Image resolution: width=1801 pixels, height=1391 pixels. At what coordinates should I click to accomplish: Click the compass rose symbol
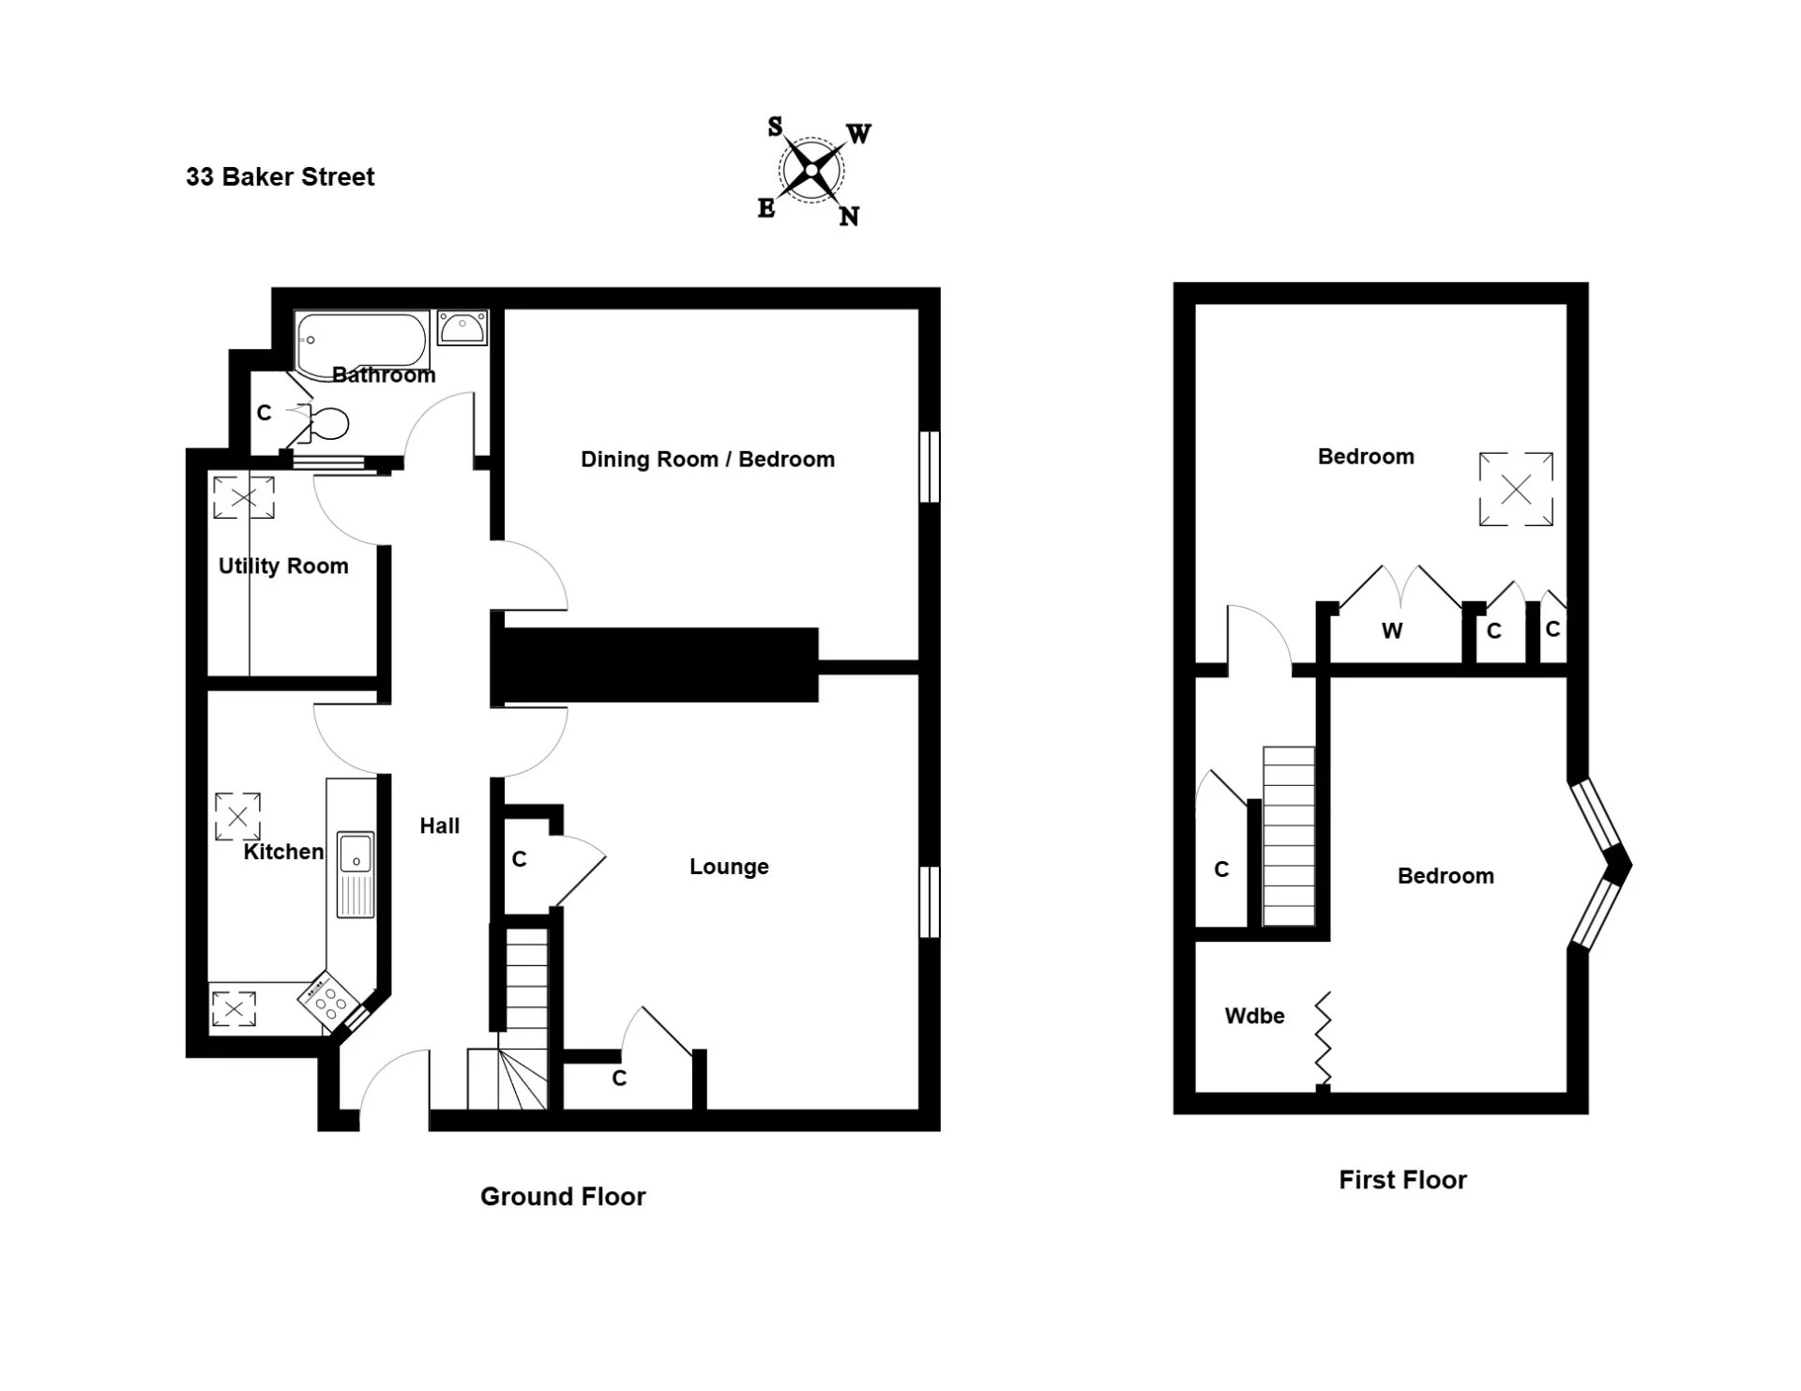(812, 171)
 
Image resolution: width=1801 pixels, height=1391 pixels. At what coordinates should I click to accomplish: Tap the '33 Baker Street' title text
(280, 177)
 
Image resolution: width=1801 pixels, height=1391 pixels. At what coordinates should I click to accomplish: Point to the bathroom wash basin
(462, 327)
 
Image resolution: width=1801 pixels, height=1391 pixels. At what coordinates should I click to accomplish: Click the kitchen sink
(356, 873)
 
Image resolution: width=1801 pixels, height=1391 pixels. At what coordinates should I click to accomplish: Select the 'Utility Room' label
(283, 567)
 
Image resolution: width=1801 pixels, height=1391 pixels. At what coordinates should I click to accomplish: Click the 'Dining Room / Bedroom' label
(707, 460)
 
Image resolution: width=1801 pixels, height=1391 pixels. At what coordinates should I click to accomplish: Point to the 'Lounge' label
(729, 867)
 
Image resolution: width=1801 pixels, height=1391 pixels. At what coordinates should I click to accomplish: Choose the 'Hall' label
(440, 826)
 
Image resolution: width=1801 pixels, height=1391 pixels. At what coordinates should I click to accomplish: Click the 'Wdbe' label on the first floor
(1254, 1016)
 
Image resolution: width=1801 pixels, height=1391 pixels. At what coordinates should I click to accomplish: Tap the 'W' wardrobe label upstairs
(1392, 631)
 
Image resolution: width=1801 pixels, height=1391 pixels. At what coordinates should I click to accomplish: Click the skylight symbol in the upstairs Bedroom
(1516, 489)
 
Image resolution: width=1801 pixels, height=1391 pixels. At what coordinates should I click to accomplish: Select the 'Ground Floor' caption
(563, 1197)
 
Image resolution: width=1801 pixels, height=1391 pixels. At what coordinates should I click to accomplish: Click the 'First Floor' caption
(1402, 1180)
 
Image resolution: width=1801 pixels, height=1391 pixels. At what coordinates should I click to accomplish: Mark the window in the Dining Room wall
(930, 467)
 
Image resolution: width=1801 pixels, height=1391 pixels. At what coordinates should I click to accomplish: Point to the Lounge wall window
(930, 901)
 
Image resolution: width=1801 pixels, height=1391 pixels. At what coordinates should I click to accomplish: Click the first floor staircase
(1289, 837)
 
